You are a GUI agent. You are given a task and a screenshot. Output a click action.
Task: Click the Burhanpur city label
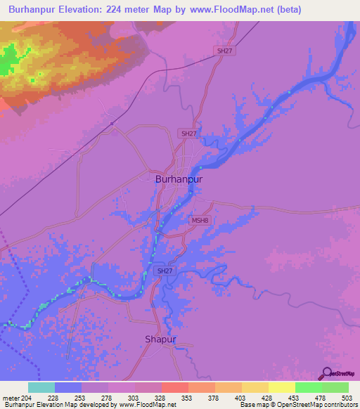[x=179, y=179]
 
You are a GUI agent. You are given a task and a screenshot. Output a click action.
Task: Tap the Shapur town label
[x=160, y=339]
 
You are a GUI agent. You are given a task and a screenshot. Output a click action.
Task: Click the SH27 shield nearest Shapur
[x=164, y=271]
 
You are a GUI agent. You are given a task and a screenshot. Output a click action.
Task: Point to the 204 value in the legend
[x=27, y=397]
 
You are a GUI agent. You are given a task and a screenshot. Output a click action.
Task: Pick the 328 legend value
[x=161, y=397]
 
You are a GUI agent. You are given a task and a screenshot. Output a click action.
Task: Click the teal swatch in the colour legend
[x=41, y=387]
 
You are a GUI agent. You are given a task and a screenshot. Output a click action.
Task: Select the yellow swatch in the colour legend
[x=282, y=387]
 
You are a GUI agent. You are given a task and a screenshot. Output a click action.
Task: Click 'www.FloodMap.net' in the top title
[x=238, y=10]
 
